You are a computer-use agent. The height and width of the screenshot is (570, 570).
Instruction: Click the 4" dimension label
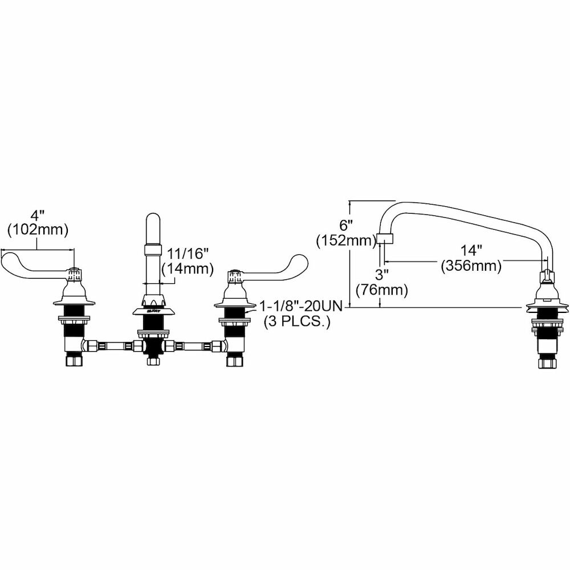click(x=38, y=217)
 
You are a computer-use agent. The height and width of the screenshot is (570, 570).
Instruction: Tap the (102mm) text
click(x=38, y=230)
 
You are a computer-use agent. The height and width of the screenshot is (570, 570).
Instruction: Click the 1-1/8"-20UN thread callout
click(x=300, y=307)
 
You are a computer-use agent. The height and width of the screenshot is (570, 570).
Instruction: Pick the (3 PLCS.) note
click(x=296, y=321)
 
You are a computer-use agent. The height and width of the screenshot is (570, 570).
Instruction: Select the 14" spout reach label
click(x=471, y=250)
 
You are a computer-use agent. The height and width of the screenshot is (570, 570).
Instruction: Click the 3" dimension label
click(x=381, y=276)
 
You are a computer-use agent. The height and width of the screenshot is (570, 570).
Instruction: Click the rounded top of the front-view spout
click(x=153, y=219)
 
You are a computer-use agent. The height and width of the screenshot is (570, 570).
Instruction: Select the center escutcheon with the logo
click(x=153, y=310)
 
